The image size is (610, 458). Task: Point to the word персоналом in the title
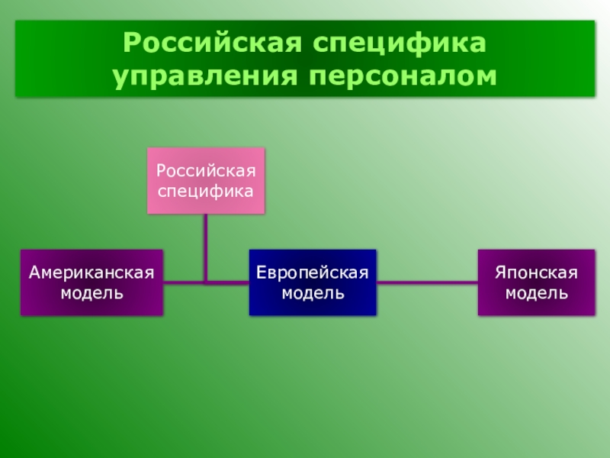[403, 76]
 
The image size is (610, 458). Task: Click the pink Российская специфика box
[206, 181]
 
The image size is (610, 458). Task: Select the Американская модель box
[91, 282]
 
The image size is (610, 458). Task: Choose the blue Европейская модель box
[313, 282]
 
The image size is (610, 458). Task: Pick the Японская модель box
[536, 282]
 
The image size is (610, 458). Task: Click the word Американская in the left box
[91, 273]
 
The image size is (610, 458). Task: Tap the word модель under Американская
[91, 292]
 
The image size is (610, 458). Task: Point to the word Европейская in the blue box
[313, 273]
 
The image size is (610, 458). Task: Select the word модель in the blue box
[313, 292]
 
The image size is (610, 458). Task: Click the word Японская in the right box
[536, 273]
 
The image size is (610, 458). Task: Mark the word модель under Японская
[536, 292]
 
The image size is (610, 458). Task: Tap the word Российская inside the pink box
[206, 171]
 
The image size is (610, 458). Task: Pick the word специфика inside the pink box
[206, 191]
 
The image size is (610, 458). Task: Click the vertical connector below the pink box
[206, 244]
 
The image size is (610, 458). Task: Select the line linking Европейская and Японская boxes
[427, 283]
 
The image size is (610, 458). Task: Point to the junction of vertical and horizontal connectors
[206, 282]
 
